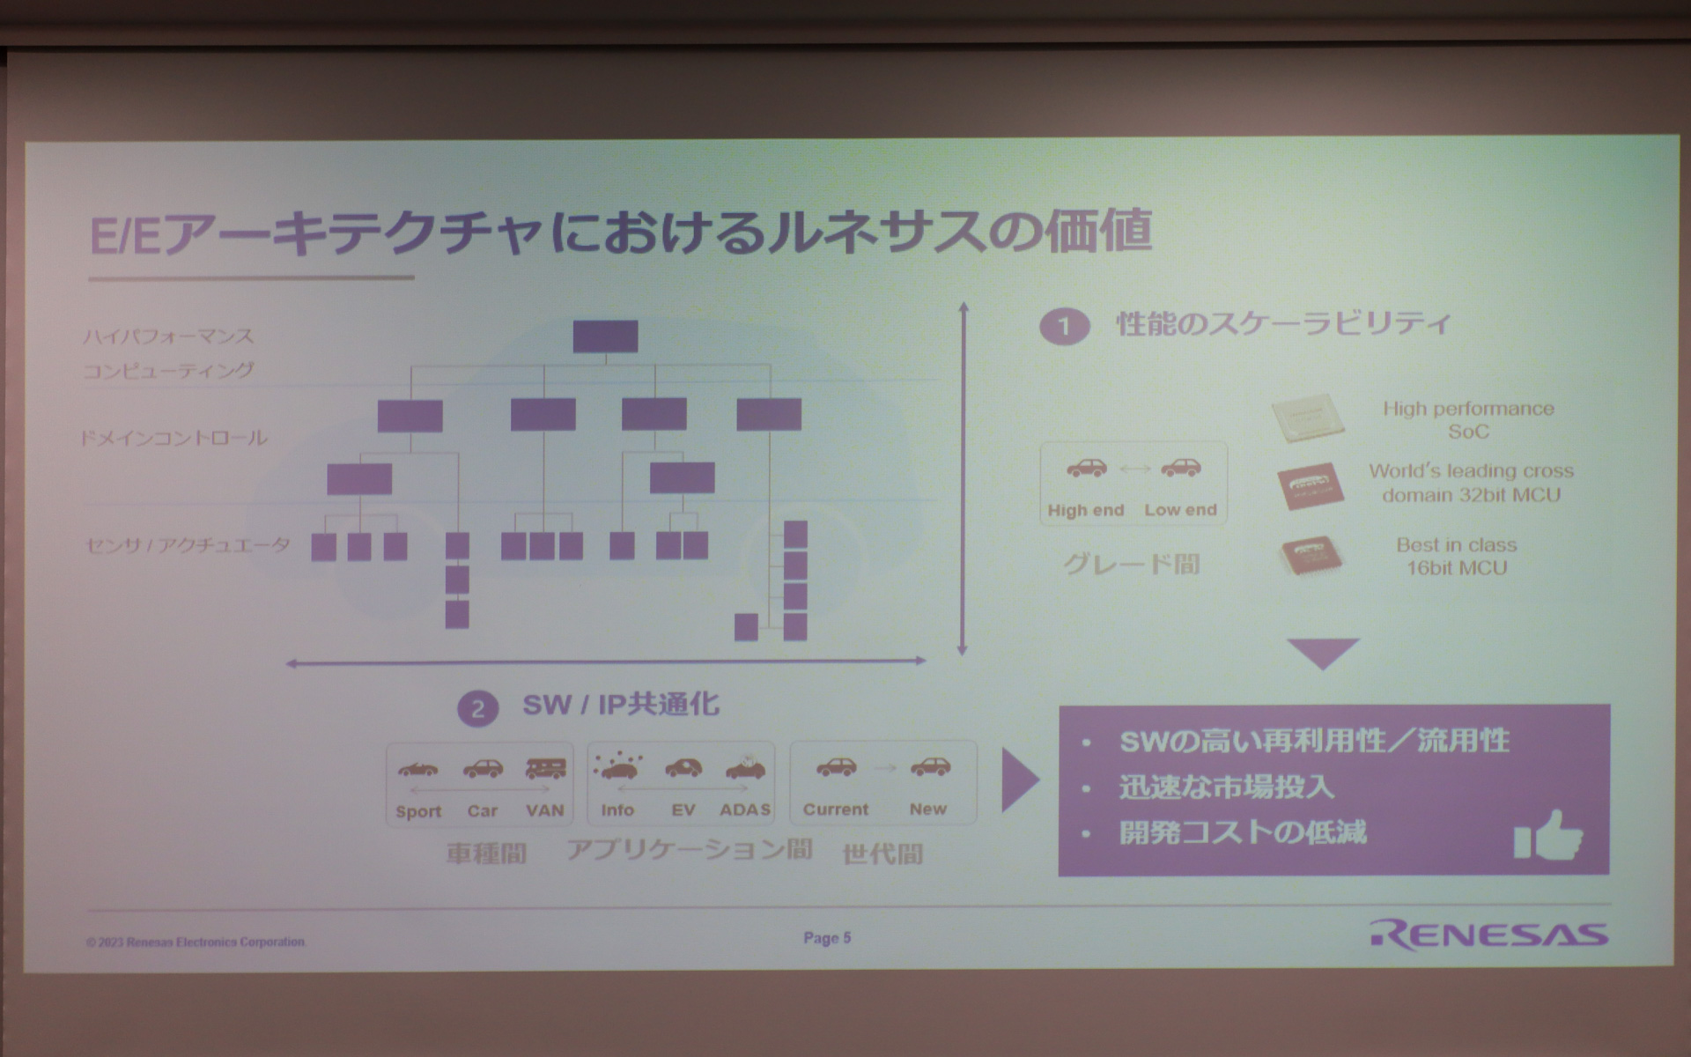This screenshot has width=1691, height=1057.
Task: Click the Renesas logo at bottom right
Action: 1488,935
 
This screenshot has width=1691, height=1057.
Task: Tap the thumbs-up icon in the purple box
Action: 1547,834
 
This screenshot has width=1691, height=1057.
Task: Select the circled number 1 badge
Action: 1064,327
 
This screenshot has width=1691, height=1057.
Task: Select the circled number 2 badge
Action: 478,708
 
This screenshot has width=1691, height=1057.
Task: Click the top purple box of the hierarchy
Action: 605,336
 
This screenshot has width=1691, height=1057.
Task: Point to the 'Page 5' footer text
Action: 827,938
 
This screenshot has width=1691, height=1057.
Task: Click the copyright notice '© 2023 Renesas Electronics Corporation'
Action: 196,942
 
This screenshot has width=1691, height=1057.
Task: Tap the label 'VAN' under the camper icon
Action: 544,810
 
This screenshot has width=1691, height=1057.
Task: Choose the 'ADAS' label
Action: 745,809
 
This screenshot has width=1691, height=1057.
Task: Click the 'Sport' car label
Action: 418,811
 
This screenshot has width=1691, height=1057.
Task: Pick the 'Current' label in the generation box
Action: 835,809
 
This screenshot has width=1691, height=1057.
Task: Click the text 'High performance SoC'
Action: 1467,420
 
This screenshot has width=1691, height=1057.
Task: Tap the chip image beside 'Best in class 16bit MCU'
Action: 1311,557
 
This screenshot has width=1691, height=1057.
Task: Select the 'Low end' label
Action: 1180,510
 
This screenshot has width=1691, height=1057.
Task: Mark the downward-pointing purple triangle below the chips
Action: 1323,653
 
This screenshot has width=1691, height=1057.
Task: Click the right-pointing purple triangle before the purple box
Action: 1019,780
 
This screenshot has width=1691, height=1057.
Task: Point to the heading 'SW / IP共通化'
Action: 621,705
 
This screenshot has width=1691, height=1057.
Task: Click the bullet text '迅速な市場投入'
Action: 1227,787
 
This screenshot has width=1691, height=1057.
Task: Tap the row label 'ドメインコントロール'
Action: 174,438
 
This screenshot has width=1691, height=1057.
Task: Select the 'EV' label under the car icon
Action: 683,809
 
